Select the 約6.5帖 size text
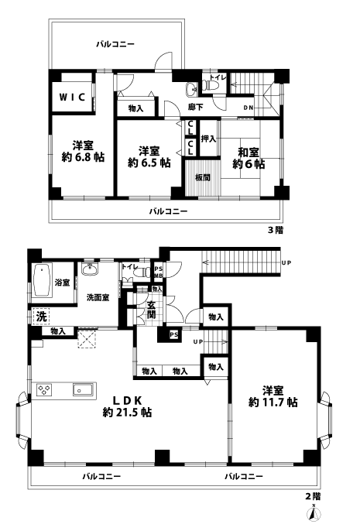pyautogui.click(x=149, y=163)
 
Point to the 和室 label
pyautogui.click(x=249, y=151)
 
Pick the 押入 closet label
pyautogui.click(x=208, y=139)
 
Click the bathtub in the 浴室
pyautogui.click(x=41, y=282)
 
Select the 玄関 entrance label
pyautogui.click(x=151, y=310)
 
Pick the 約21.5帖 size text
pyautogui.click(x=127, y=413)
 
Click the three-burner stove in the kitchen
pyautogui.click(x=43, y=389)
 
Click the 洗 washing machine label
pyautogui.click(x=40, y=316)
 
